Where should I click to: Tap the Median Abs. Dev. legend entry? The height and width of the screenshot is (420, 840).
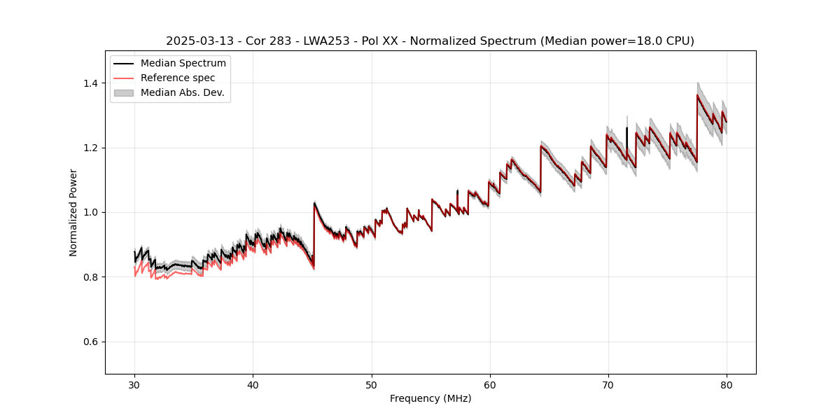(182, 92)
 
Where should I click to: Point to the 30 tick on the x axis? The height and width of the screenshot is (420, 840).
(134, 384)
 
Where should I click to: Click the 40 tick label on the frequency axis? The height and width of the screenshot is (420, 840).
(253, 384)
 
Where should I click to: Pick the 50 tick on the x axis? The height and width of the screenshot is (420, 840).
(371, 384)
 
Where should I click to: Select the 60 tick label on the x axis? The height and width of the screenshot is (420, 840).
(489, 384)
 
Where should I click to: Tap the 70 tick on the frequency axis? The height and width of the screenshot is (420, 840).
(608, 384)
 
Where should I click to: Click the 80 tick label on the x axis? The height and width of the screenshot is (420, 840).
(726, 384)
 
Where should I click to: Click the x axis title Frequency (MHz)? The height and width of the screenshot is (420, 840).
(430, 398)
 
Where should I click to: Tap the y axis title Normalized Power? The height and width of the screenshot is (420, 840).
(73, 212)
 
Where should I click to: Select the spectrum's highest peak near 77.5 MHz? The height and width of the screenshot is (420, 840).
(697, 95)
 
